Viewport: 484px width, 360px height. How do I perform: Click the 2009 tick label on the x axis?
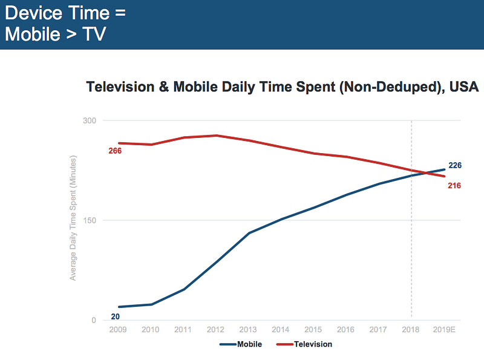coord(117,330)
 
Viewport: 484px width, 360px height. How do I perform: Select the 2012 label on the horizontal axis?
coord(215,330)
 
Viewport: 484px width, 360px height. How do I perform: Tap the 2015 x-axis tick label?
coord(313,330)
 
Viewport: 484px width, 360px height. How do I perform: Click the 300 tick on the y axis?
coord(90,120)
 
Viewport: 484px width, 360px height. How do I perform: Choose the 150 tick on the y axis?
coord(90,220)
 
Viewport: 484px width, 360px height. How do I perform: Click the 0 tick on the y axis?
coord(94,320)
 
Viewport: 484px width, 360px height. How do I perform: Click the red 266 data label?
coord(115,151)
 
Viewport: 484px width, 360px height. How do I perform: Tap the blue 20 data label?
coord(116,316)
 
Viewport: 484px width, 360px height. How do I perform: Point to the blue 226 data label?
coord(455,165)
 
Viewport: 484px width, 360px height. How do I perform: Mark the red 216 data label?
coord(454,186)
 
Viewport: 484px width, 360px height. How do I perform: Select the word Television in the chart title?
coord(120,87)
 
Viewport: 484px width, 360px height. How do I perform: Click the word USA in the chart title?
coord(465,87)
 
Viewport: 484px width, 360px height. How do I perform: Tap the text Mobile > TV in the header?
coord(56,34)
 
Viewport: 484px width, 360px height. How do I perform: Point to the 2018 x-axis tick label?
coord(411,330)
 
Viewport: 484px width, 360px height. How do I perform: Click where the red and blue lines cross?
coord(425,173)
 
